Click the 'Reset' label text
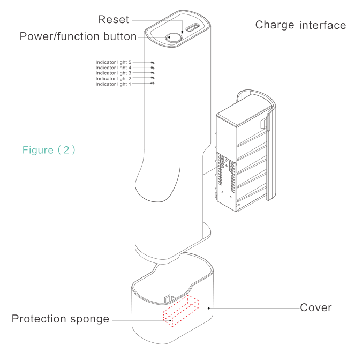point(114,20)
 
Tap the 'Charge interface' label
point(300,25)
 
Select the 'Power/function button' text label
point(78,36)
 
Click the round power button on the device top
point(173,37)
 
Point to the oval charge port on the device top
point(194,27)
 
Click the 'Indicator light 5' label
point(114,63)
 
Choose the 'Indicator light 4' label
point(114,68)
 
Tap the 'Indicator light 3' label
point(114,73)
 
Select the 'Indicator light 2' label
point(114,79)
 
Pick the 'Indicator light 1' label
point(114,84)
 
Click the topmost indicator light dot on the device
point(153,63)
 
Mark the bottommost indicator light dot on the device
point(153,84)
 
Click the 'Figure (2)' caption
point(49,150)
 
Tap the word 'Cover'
point(315,307)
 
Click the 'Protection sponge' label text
point(61,319)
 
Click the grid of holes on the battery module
point(225,175)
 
